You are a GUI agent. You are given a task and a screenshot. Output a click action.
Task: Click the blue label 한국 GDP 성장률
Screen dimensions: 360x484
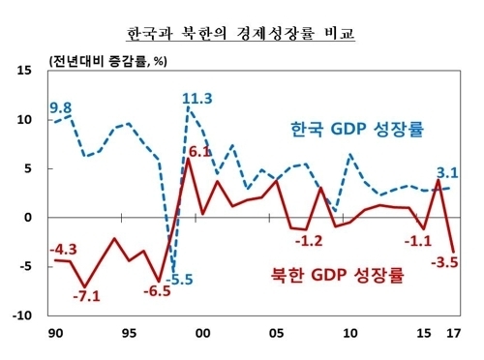tap(359, 128)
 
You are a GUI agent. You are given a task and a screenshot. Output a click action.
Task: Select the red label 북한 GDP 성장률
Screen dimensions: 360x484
tap(338, 274)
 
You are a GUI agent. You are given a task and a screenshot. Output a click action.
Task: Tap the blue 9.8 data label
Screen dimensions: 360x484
tap(61, 107)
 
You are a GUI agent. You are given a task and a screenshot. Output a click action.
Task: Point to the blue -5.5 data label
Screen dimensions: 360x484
tap(177, 281)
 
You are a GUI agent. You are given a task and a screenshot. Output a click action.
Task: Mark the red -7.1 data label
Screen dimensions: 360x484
tap(87, 294)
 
